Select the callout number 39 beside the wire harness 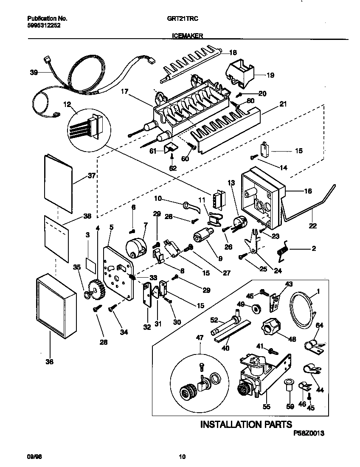point(34,73)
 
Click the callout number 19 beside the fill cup point(270,76)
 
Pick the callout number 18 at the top point(233,53)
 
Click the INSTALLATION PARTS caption point(246,424)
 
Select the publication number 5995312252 point(43,25)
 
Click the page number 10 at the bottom point(182,457)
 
